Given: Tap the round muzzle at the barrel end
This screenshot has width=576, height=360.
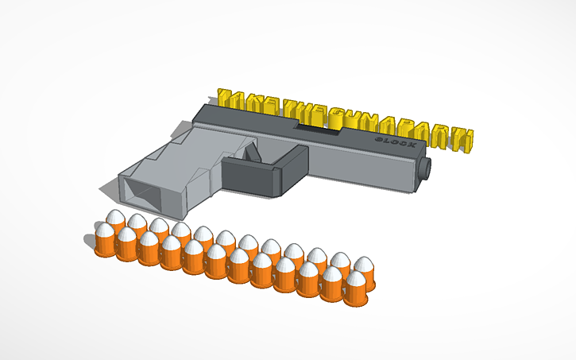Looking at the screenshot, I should [x=427, y=168].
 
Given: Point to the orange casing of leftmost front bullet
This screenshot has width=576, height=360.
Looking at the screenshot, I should [x=105, y=248].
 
